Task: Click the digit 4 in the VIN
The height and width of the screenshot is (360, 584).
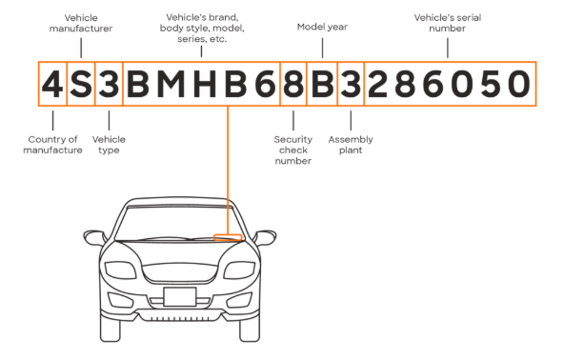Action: coord(52,84)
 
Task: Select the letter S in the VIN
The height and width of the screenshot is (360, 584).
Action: coord(81,84)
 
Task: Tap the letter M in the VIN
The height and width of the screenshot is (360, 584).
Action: coord(171,84)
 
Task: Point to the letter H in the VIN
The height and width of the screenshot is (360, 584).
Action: coord(205,84)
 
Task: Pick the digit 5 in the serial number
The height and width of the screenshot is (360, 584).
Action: coord(491,84)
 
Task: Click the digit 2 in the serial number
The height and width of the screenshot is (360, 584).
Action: coord(377,84)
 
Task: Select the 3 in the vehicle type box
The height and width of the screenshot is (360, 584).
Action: coord(109,84)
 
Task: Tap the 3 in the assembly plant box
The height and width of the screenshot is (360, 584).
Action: coord(351,84)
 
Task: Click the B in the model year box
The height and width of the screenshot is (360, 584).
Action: coord(322,84)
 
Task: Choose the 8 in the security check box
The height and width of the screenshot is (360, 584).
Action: coord(293,84)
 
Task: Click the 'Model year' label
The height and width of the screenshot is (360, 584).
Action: coord(322,27)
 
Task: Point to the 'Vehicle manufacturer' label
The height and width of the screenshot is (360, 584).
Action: coord(81,23)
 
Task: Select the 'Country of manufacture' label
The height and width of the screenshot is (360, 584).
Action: coord(52,145)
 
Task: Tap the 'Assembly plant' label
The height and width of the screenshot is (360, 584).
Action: coord(351,145)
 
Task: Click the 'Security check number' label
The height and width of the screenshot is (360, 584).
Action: coord(293,150)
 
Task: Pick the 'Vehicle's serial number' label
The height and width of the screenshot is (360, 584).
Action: coord(448,23)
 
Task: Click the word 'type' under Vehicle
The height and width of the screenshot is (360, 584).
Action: coord(109,150)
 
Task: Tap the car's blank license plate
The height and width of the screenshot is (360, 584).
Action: coord(179,297)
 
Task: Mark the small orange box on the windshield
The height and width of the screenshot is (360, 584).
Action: coord(228,237)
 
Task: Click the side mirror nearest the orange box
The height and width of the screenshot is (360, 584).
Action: coord(265,237)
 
